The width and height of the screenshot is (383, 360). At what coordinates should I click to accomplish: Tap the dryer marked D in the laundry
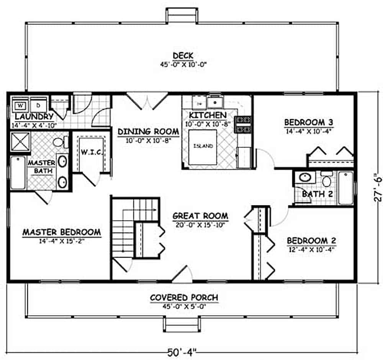click(x=38, y=105)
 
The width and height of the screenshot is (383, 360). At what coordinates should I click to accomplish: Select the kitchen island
click(x=203, y=147)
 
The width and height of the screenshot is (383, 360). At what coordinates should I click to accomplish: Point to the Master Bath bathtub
click(x=18, y=172)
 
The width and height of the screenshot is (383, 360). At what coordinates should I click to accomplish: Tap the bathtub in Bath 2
click(x=346, y=188)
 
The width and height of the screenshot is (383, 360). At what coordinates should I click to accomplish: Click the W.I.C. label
click(x=91, y=152)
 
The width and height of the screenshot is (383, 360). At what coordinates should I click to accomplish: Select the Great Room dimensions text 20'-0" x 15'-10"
click(x=200, y=225)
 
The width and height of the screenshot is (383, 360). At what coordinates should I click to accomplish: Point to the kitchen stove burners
click(x=242, y=124)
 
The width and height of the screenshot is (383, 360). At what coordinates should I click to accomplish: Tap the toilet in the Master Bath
click(x=59, y=143)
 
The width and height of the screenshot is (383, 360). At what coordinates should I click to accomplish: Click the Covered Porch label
click(x=184, y=298)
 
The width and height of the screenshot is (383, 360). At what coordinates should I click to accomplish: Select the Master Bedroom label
click(x=61, y=232)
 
